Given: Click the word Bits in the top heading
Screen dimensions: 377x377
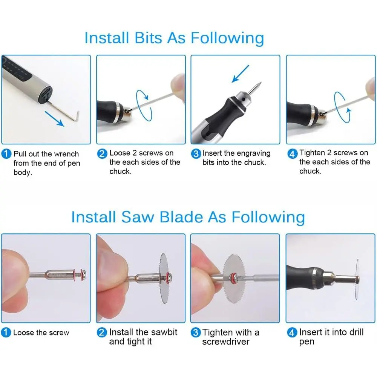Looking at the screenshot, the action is coord(148,38).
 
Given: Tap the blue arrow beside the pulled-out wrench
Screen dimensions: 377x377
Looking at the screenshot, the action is coord(54,118).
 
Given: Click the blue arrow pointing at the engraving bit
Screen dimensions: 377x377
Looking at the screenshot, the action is coord(240,74).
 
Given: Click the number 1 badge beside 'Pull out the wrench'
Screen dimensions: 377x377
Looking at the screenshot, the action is coord(6,154).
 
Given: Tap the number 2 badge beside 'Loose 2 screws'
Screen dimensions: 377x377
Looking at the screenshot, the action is coord(102,153).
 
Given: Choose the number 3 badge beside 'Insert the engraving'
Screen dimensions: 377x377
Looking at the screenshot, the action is coord(196,154).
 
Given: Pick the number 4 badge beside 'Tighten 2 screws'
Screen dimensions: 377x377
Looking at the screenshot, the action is coord(293,154).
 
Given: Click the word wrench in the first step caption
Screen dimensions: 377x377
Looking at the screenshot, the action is coord(66,154).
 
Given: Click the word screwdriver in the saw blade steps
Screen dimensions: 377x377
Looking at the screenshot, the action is coord(226,342).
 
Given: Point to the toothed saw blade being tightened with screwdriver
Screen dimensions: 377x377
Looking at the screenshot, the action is coord(234,279).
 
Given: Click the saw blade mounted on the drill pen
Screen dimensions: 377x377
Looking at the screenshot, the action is coord(357,279).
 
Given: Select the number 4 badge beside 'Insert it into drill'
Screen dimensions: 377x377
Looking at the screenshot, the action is coord(292,333).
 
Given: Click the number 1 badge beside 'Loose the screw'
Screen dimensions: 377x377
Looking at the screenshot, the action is coord(6,333).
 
